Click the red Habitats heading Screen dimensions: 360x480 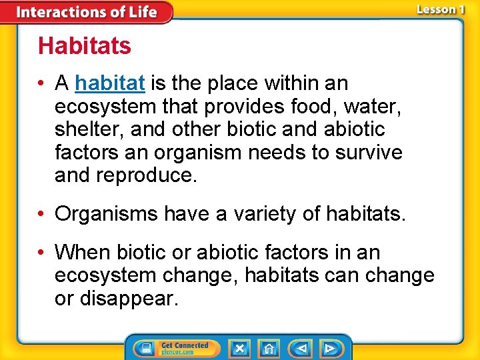click(85, 46)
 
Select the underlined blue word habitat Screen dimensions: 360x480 click(110, 83)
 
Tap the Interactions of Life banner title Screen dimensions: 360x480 click(86, 12)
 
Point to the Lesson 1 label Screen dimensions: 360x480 click(439, 9)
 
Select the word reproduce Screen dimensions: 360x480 click(146, 175)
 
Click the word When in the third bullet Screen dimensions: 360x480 click(83, 253)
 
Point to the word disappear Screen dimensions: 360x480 click(127, 299)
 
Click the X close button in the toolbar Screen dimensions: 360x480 click(239, 348)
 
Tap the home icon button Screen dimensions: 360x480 click(269, 348)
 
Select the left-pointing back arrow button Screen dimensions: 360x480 click(301, 348)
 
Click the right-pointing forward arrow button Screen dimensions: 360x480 click(329, 348)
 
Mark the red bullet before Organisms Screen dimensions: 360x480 click(42, 215)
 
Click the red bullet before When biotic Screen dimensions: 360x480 click(42, 253)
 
